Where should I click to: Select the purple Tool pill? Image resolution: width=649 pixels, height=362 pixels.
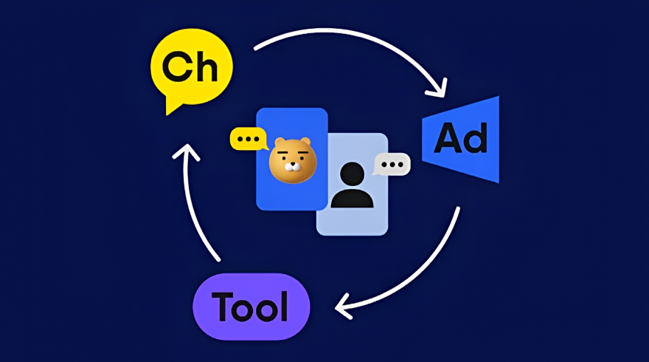pos(251,307)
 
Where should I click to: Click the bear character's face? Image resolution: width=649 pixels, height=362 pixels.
pos(293,161)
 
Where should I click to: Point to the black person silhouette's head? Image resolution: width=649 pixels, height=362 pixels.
pos(353,174)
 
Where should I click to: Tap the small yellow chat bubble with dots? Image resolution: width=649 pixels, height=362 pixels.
pos(249,140)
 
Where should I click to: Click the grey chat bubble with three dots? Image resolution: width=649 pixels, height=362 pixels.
pos(392,165)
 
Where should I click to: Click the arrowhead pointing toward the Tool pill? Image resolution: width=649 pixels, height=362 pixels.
pos(343,307)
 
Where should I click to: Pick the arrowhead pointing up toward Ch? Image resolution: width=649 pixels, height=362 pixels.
pos(187,151)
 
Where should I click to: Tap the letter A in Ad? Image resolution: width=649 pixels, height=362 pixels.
pos(448,138)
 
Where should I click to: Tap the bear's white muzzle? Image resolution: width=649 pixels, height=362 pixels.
pos(293,167)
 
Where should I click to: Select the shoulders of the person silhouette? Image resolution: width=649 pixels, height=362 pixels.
pos(353,198)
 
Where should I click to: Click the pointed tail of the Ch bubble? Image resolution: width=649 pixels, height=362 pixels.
pos(170,107)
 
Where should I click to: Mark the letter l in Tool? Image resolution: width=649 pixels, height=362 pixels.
pos(284,306)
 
